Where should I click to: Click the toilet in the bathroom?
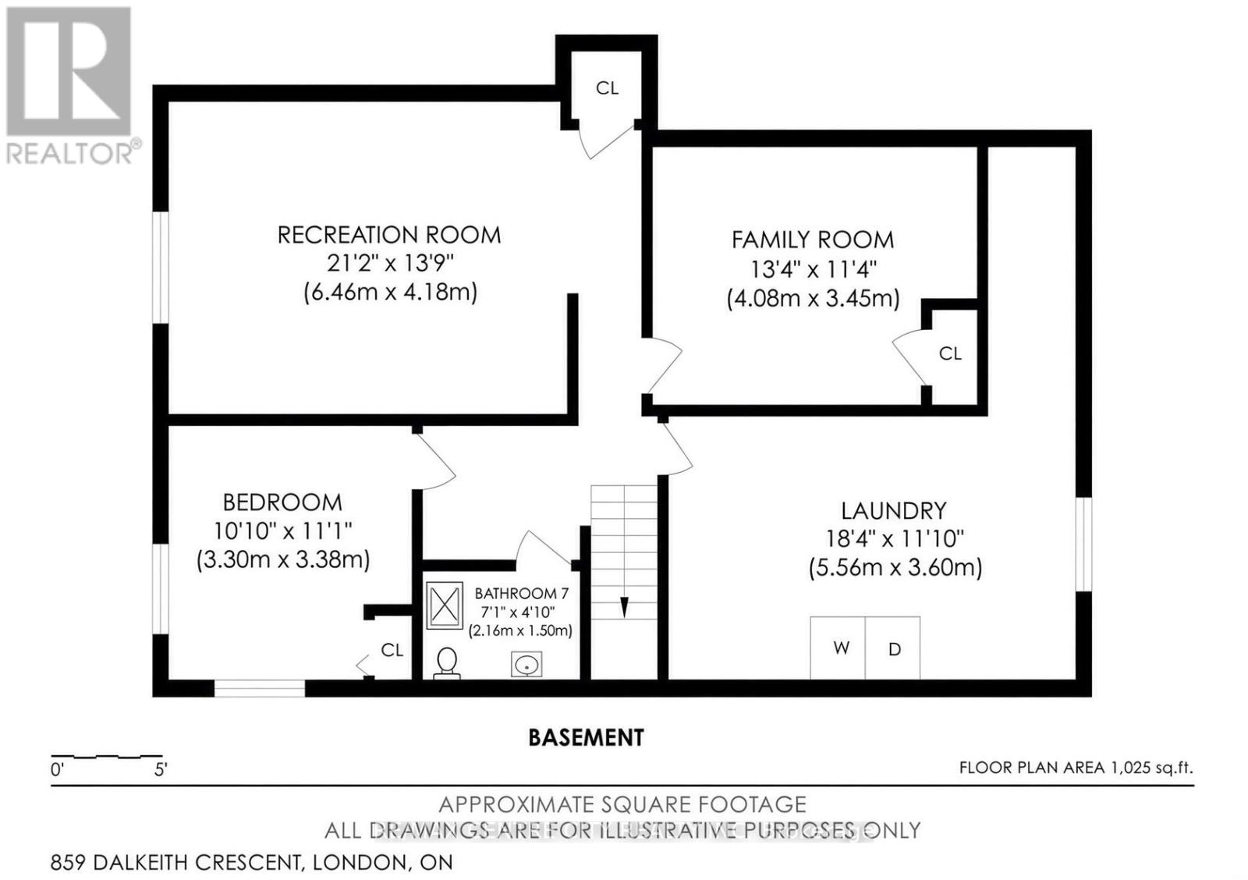446,663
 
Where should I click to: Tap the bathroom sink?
526,665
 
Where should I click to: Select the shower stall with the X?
445,606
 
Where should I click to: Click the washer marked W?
838,648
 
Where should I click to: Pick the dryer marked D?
893,648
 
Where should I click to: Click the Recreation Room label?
389,235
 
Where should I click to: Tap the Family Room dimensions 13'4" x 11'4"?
814,270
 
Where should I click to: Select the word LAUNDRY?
893,510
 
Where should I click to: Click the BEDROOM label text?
282,502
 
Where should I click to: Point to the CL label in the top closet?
607,88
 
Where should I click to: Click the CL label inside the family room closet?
950,353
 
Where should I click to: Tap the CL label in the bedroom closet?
392,650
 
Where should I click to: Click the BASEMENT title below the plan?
586,737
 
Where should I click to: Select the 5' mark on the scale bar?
161,770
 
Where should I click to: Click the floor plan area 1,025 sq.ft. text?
1076,768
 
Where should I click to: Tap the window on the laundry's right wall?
1083,544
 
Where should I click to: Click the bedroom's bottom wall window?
260,688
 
